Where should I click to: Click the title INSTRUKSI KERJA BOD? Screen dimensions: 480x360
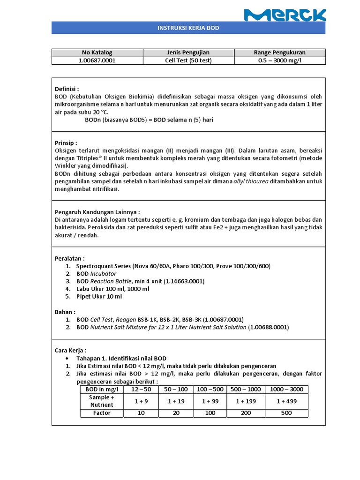point(188,28)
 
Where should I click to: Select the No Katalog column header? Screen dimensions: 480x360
point(97,52)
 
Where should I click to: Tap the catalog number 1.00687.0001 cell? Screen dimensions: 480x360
point(97,60)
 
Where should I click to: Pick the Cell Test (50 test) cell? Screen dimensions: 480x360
point(188,60)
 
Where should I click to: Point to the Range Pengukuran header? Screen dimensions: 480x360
point(279,52)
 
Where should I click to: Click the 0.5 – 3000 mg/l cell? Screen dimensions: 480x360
point(279,60)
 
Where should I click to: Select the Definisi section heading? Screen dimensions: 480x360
point(67,89)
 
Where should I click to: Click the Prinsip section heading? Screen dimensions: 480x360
point(66,142)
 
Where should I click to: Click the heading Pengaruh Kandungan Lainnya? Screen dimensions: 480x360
point(97,212)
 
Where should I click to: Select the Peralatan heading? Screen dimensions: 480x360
point(70,258)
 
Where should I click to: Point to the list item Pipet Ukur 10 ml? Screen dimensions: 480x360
point(99,297)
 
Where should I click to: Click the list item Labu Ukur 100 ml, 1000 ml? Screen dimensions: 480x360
point(113,289)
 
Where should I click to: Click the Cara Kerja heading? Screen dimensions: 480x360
point(71,350)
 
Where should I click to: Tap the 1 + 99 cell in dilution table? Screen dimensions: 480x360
point(210,401)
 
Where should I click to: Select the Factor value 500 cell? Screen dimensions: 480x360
point(286,413)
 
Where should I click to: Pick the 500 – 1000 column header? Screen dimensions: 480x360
point(246,389)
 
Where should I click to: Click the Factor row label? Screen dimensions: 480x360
point(102,413)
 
